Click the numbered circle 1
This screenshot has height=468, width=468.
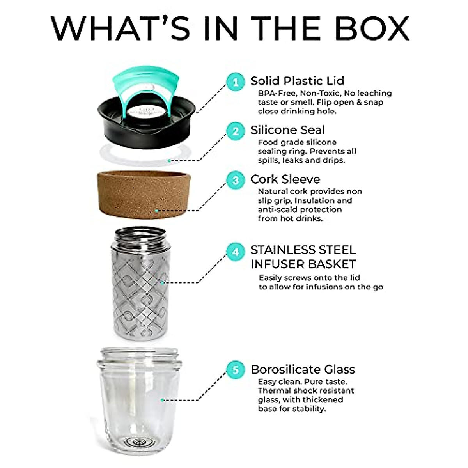(236, 82)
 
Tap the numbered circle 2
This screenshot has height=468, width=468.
(236, 131)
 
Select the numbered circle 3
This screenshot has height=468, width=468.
(236, 180)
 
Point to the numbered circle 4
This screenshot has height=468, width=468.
(236, 252)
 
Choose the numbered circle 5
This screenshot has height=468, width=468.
(236, 369)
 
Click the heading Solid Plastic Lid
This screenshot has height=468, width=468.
(297, 81)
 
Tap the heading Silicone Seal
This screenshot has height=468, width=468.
(287, 130)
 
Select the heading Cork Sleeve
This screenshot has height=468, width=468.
(285, 179)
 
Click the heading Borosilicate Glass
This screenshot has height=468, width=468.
(303, 369)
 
